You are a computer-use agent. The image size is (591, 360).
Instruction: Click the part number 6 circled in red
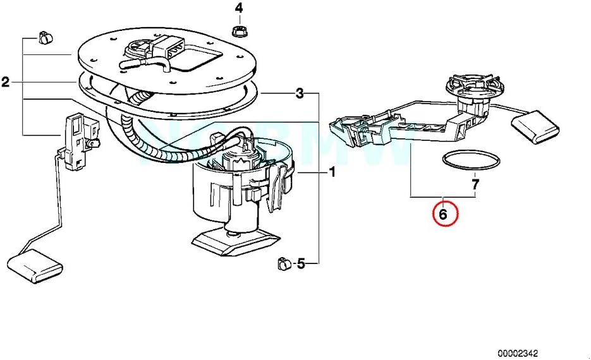point(443,214)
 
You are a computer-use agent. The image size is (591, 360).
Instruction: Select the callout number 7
point(475,184)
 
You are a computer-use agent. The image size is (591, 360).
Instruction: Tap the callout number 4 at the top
point(239,8)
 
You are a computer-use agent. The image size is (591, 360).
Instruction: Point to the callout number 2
point(6,81)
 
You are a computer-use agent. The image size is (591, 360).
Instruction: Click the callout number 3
point(300,93)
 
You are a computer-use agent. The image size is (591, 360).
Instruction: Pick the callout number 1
point(332,172)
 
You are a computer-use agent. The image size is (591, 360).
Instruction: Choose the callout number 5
point(301,263)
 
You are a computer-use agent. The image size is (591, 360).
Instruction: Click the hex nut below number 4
point(239,30)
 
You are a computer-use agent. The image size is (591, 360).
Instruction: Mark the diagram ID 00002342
point(518,352)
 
